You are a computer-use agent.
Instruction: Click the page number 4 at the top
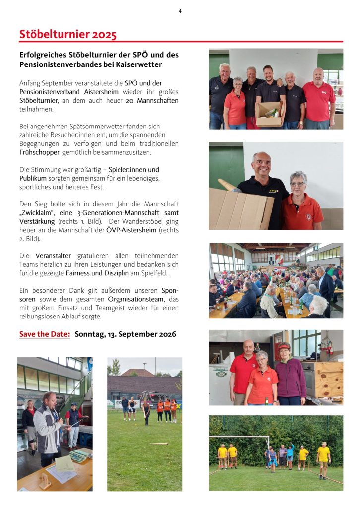click(x=180, y=11)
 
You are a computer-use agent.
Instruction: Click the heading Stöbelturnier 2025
click(x=68, y=34)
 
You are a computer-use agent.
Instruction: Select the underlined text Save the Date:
click(x=45, y=334)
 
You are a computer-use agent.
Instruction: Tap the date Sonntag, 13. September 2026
click(x=125, y=334)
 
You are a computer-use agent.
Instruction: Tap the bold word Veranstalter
click(x=54, y=255)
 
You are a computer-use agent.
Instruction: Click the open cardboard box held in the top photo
click(x=270, y=114)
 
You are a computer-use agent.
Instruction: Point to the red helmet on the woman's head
click(x=284, y=346)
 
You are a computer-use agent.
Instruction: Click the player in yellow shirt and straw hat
click(x=323, y=458)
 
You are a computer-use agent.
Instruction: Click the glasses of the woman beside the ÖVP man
click(x=298, y=184)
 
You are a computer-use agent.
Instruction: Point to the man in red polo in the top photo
click(x=319, y=99)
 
